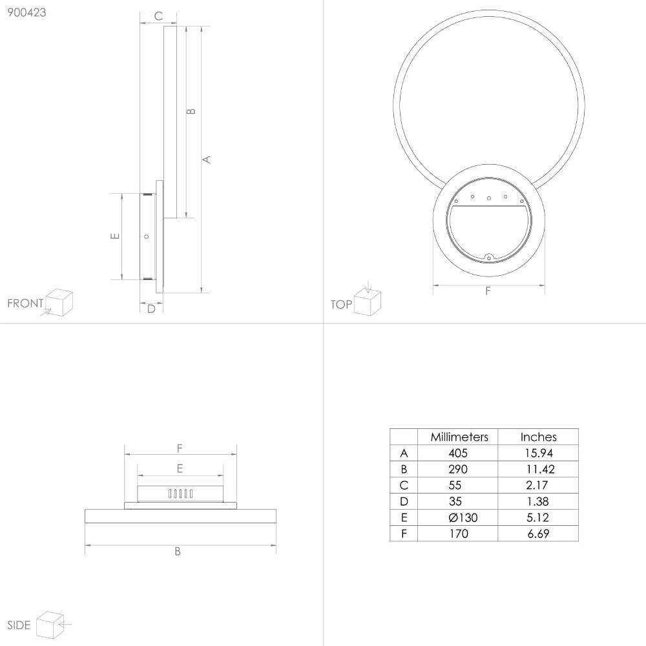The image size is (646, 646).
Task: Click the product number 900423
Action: (26, 12)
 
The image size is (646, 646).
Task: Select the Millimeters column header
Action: (459, 437)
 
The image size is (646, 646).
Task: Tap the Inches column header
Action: (538, 437)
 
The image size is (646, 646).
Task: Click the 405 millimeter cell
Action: (458, 453)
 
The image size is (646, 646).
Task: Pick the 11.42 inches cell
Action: (540, 469)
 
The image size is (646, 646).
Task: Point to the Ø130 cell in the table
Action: (463, 517)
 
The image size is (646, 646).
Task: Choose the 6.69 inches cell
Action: (538, 534)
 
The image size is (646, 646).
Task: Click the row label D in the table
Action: (404, 501)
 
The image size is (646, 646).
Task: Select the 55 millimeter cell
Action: (455, 485)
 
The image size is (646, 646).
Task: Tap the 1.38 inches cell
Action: (537, 501)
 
